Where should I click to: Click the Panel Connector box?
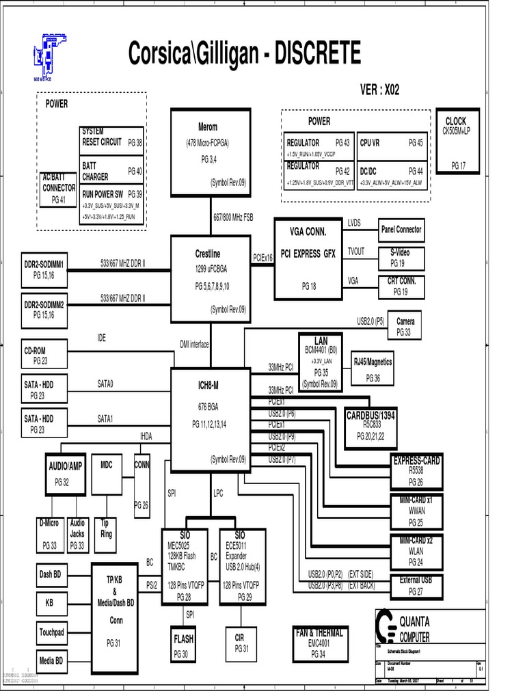coord(401,230)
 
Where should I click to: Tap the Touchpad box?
coord(51,633)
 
